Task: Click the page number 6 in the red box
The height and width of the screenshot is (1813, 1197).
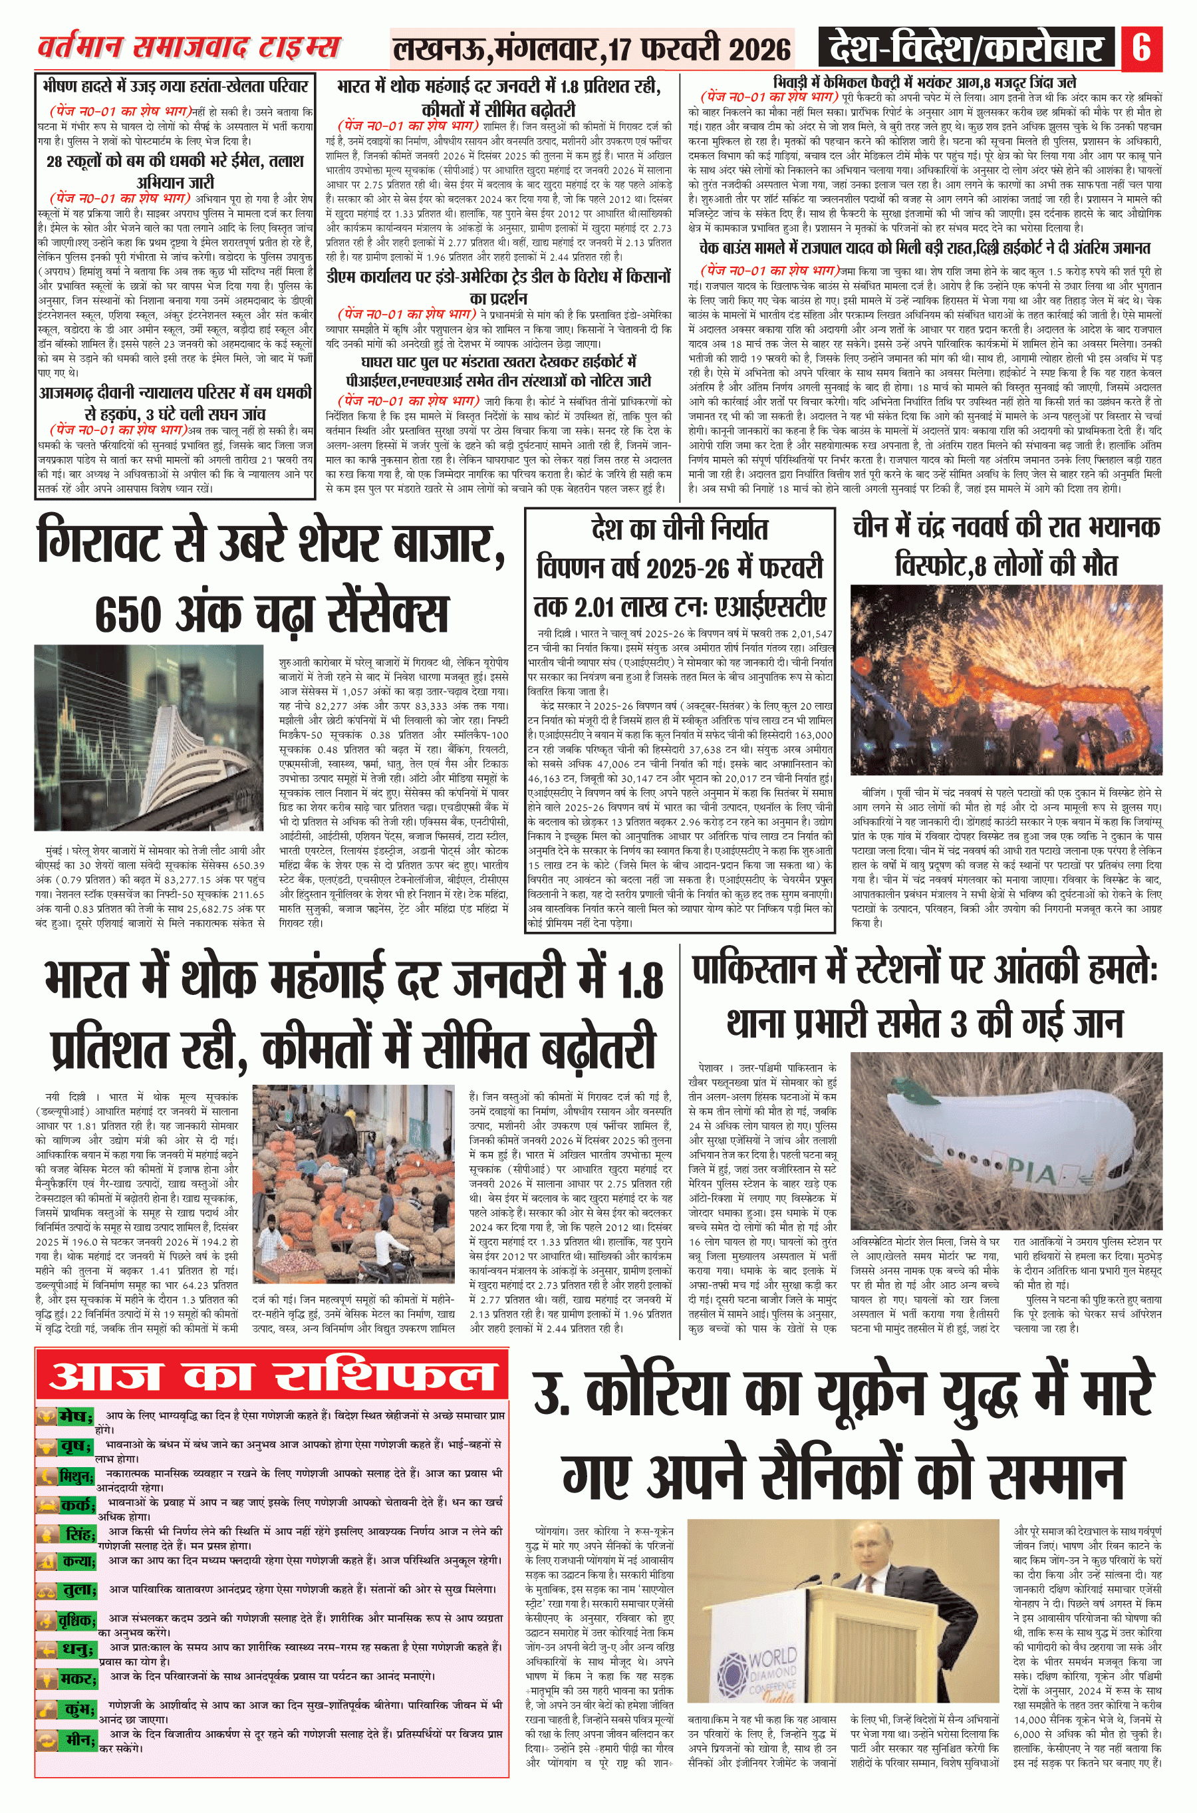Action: (x=1141, y=47)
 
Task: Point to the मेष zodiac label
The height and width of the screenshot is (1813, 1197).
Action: (x=76, y=1417)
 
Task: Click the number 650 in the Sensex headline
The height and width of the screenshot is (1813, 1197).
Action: (x=135, y=614)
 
